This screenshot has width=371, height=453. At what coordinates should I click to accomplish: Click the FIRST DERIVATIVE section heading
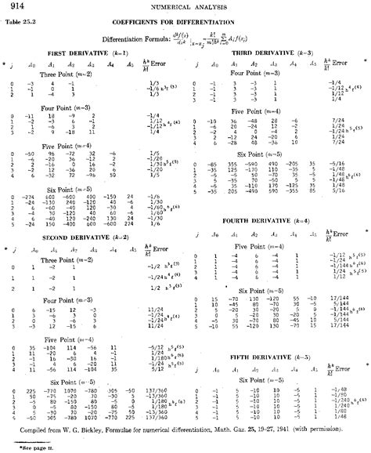point(74,52)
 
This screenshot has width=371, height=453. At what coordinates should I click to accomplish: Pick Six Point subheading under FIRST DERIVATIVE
point(74,189)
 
